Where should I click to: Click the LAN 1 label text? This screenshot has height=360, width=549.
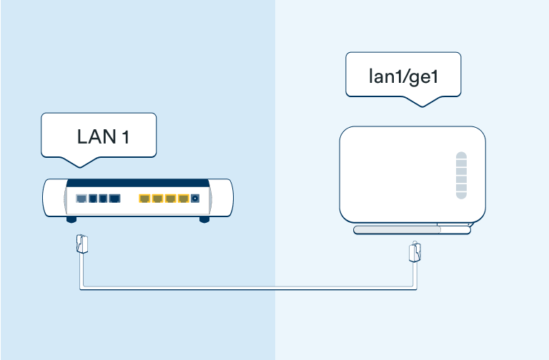(x=102, y=136)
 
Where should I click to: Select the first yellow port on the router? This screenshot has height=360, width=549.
(x=144, y=198)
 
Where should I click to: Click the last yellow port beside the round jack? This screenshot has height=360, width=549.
(x=183, y=198)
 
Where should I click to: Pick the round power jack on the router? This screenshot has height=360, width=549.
(x=194, y=199)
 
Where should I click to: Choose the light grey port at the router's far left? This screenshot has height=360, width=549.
(x=81, y=198)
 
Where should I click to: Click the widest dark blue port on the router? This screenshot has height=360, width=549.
(x=114, y=198)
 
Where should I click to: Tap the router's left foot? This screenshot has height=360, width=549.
(x=71, y=220)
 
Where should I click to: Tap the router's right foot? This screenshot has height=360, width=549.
(x=204, y=220)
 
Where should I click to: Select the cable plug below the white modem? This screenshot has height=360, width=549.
(x=413, y=251)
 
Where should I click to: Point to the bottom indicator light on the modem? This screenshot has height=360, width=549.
(x=461, y=194)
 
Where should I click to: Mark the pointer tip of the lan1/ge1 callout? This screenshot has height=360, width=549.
(x=422, y=106)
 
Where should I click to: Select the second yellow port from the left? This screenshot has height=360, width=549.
(x=157, y=198)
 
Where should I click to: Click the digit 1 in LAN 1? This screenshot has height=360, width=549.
(x=125, y=136)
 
